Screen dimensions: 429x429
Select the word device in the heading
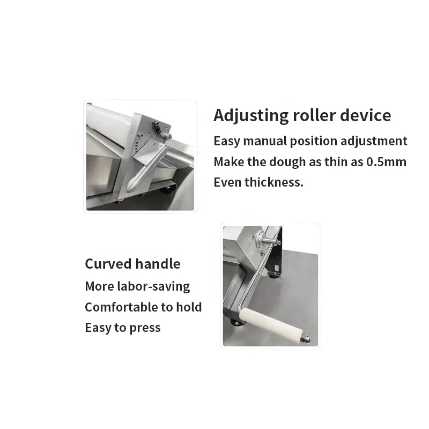pyautogui.click(x=366, y=115)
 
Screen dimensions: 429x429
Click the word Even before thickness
pyautogui.click(x=227, y=182)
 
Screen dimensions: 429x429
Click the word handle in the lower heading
pyautogui.click(x=158, y=264)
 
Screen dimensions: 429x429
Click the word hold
pyautogui.click(x=190, y=307)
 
